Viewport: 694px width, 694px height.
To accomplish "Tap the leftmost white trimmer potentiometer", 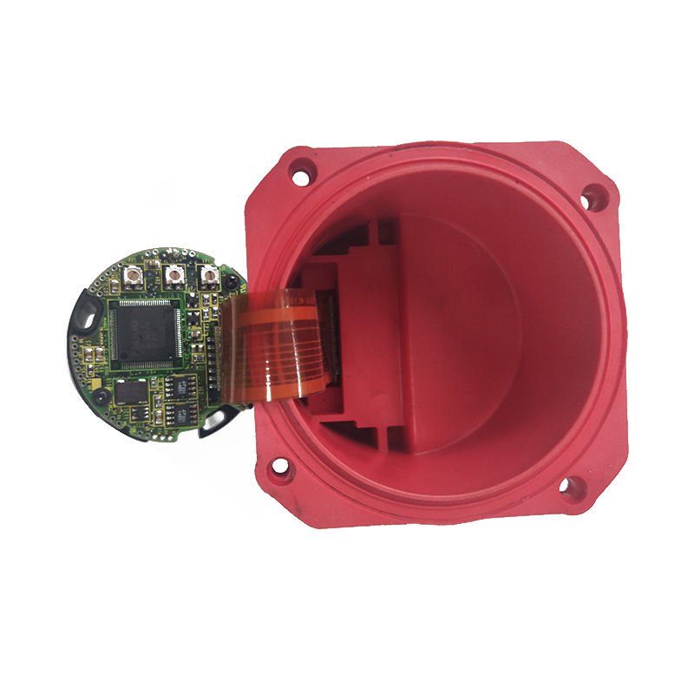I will tap(134, 278).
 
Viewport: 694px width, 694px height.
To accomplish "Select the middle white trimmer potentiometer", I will tap(173, 278).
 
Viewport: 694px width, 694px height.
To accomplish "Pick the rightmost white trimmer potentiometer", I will tap(208, 277).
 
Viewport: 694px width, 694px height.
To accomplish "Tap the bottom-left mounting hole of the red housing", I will tap(280, 473).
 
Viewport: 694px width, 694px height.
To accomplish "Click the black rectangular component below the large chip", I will tap(131, 391).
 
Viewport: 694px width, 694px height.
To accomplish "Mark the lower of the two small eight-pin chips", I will tap(183, 408).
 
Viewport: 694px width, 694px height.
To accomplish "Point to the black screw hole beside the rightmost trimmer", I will tap(232, 285).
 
